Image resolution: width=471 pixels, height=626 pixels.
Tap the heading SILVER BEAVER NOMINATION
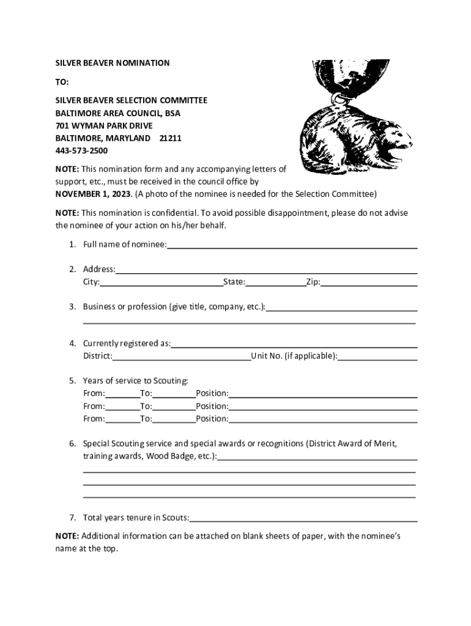tap(113, 63)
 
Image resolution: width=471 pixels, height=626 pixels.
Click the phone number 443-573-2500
tap(81, 150)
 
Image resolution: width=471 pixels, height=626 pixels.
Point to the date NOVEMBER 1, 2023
tap(92, 194)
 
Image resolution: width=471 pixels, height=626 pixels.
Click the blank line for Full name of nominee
tap(292, 246)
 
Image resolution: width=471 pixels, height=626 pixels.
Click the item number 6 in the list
tap(72, 443)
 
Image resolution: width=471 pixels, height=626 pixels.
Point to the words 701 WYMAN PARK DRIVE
tap(104, 125)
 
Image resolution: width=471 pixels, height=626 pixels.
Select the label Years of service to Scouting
tap(136, 381)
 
